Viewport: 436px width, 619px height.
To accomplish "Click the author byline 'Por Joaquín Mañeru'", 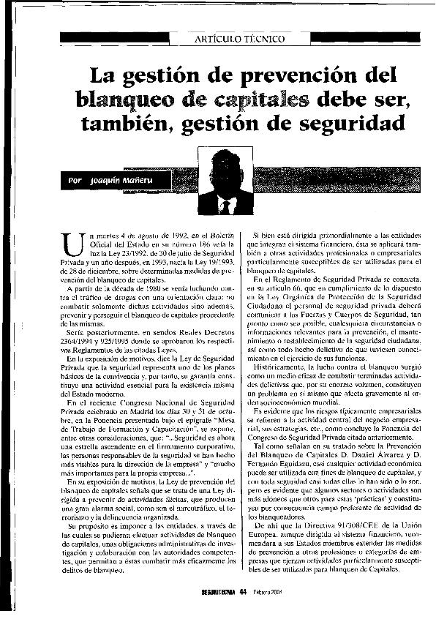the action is point(116,179).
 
